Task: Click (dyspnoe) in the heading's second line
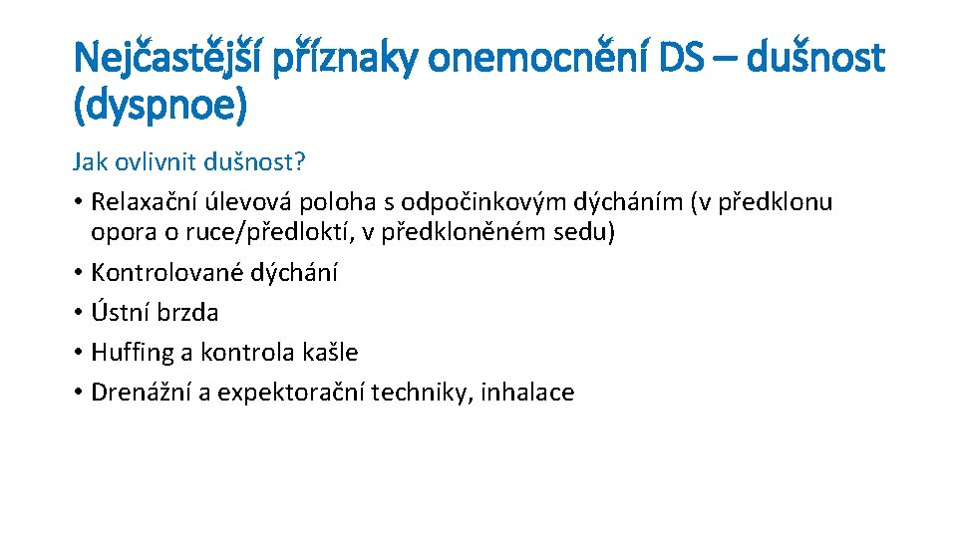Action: tap(159, 107)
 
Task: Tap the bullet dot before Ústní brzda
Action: tap(77, 312)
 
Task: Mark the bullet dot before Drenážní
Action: tap(77, 392)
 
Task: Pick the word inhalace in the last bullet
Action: tap(527, 392)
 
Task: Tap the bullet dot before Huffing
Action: tap(77, 352)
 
